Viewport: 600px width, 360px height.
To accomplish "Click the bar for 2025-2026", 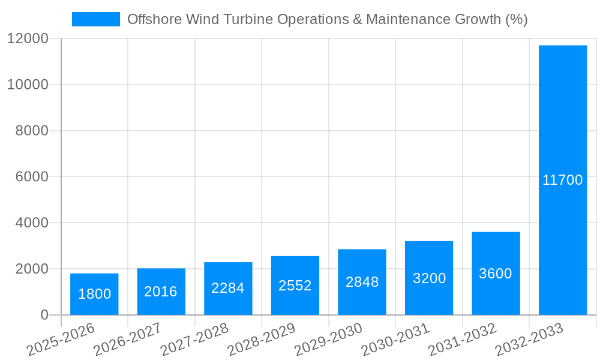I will click(x=94, y=294).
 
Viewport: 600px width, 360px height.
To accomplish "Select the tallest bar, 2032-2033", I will click(x=563, y=180).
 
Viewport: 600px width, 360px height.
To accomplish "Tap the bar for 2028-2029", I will click(x=295, y=286).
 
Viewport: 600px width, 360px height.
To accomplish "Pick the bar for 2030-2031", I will click(x=429, y=278).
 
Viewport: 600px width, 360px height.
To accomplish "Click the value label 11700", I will click(x=563, y=180).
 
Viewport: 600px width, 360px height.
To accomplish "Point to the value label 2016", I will click(x=161, y=292).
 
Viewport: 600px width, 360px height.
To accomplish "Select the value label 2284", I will click(x=228, y=288).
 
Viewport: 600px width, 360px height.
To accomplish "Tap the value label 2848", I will click(x=362, y=282).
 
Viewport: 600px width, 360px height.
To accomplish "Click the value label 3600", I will click(x=496, y=274).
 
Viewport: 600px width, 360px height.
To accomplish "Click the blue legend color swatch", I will click(x=96, y=19).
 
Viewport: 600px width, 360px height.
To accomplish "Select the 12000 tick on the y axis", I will click(x=27, y=38).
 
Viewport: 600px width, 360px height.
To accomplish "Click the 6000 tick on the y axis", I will click(x=31, y=176).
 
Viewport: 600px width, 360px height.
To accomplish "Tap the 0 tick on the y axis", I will click(x=44, y=315).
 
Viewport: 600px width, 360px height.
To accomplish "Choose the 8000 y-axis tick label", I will click(x=31, y=131).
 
